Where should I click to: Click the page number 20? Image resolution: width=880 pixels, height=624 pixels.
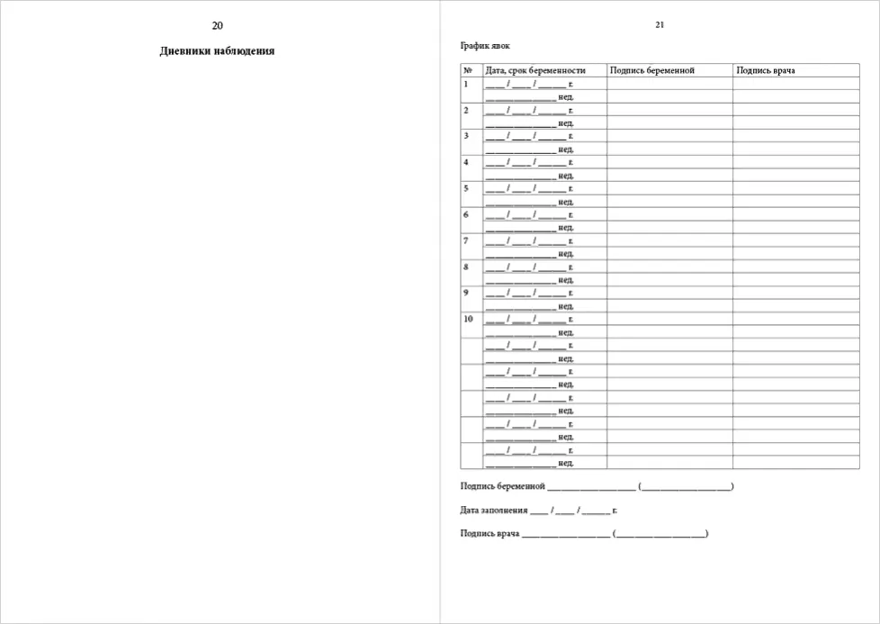tap(217, 25)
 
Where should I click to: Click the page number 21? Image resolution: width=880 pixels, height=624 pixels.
tap(660, 24)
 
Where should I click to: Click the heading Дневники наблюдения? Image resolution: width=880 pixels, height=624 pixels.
tap(217, 51)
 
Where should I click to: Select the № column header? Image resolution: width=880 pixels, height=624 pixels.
tap(468, 70)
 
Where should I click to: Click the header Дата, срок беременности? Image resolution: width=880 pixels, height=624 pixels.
tap(534, 70)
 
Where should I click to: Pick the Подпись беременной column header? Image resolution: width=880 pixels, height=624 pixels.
tap(651, 70)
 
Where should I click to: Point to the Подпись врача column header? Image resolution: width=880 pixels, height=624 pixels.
tap(765, 70)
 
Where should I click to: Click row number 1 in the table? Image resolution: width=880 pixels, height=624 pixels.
tap(466, 84)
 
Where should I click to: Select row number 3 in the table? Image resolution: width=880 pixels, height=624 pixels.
tap(466, 136)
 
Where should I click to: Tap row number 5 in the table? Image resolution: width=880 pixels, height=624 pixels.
tap(466, 188)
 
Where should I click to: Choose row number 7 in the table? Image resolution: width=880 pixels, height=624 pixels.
tap(466, 240)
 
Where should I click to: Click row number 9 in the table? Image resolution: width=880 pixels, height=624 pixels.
tap(466, 293)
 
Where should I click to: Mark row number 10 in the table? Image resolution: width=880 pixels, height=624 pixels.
tap(468, 319)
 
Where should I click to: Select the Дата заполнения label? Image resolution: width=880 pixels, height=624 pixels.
tap(493, 510)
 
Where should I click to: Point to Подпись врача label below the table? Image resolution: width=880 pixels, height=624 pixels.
tap(489, 533)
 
